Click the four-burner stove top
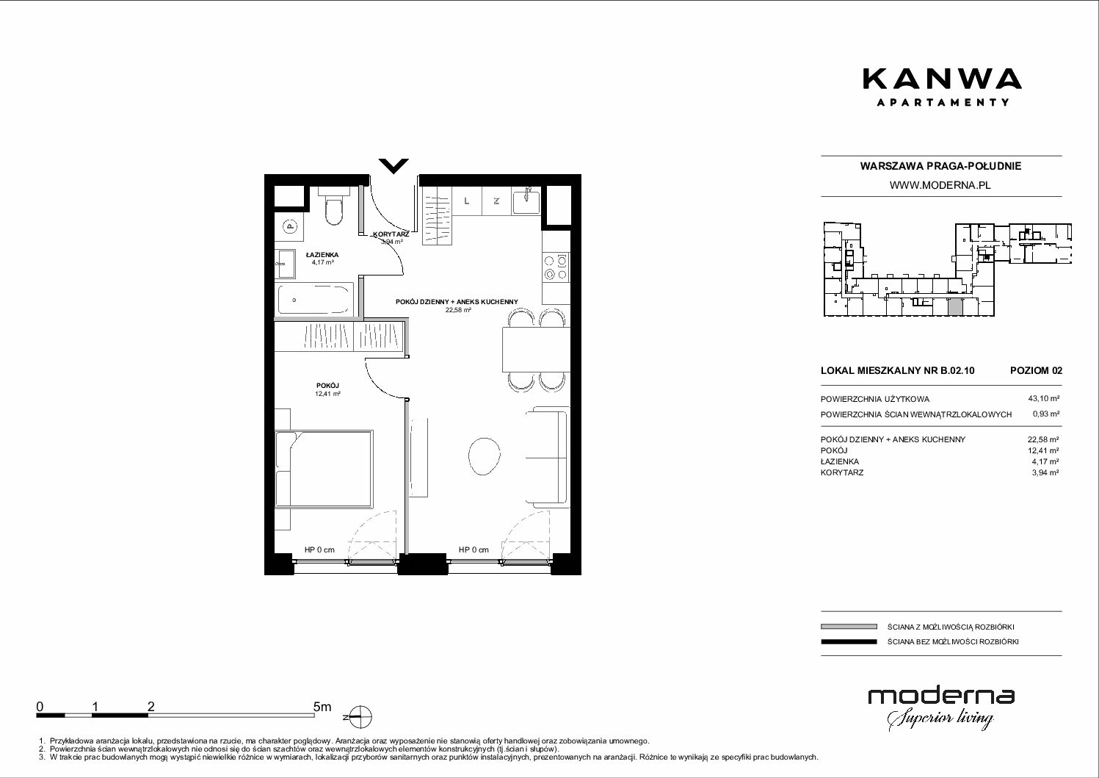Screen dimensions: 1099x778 (x=556, y=267)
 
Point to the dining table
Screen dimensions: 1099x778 (x=536, y=349)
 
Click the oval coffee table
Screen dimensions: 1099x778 (x=485, y=456)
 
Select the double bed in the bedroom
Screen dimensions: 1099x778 (x=324, y=469)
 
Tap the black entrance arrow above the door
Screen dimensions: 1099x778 (x=393, y=166)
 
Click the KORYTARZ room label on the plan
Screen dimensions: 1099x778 (x=391, y=234)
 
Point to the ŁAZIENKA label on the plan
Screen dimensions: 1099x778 (x=322, y=255)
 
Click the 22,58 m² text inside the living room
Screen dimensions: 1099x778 (x=458, y=310)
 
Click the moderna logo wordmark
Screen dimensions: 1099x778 (x=941, y=696)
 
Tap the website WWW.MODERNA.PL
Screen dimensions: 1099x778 (x=940, y=185)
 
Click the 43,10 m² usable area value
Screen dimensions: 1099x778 (x=1043, y=399)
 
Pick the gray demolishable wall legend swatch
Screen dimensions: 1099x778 (x=849, y=627)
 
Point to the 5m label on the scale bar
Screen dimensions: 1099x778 (x=322, y=706)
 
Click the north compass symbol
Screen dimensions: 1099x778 (x=360, y=717)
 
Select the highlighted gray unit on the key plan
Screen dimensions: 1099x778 (x=955, y=307)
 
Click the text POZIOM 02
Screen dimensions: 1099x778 (x=1036, y=370)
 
